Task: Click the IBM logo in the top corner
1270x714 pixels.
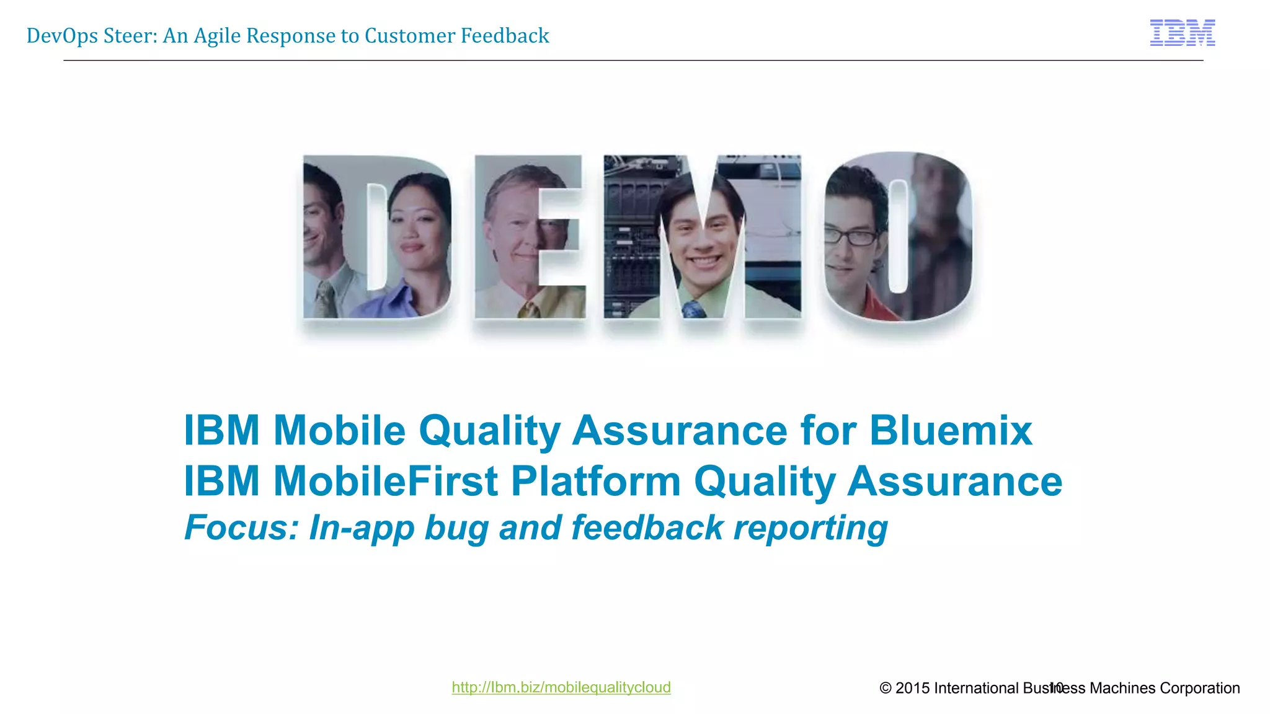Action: (1182, 33)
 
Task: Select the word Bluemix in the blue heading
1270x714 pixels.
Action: (950, 430)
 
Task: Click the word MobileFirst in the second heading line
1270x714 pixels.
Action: (385, 482)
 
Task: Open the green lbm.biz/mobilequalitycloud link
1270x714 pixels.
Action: (561, 687)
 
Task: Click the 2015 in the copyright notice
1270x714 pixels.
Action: (912, 688)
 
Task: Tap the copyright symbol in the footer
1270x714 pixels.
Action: (886, 688)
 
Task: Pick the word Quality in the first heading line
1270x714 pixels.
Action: (490, 430)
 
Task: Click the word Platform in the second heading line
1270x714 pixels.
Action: (595, 482)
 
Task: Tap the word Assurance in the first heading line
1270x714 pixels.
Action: (679, 430)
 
